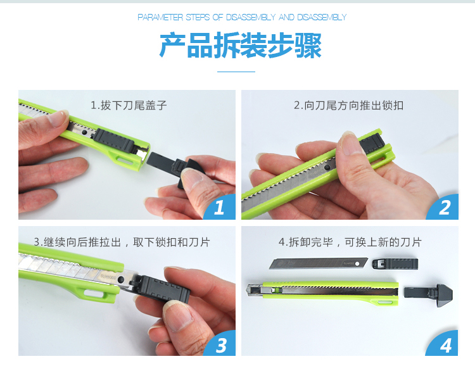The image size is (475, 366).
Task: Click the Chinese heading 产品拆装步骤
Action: tap(240, 46)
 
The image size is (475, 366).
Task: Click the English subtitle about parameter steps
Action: tap(242, 17)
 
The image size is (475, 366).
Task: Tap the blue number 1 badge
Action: tap(220, 207)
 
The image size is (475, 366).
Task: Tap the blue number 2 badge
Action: tap(443, 207)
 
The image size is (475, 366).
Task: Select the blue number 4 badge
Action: tap(443, 344)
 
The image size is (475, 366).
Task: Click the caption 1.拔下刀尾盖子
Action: tap(129, 106)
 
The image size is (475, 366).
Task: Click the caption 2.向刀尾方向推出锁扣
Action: tap(349, 106)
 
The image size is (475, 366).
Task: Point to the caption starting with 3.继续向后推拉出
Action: tap(122, 242)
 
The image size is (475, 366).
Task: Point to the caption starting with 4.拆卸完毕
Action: tap(350, 242)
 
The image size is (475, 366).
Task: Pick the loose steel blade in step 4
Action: tap(319, 263)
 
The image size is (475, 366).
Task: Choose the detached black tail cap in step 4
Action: tap(428, 295)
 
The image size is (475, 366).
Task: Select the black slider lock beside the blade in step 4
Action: tap(395, 263)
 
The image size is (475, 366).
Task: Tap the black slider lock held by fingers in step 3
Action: tap(161, 288)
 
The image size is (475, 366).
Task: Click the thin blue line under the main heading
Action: tap(236, 72)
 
